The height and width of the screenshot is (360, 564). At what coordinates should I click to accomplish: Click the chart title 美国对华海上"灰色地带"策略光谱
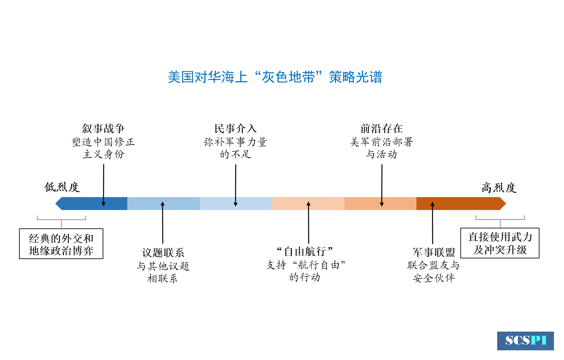point(275,77)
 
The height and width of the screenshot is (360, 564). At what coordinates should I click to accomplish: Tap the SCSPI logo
point(525,341)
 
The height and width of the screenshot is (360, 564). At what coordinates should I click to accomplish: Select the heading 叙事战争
point(103,128)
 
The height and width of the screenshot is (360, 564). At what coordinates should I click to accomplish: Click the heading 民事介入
point(236,128)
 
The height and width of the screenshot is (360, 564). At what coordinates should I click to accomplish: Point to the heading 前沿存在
point(382,128)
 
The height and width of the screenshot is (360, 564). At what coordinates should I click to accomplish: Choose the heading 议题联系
point(163,253)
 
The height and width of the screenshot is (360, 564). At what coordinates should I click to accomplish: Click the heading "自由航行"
point(305,251)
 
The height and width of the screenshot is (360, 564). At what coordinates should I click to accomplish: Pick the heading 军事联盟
point(434,252)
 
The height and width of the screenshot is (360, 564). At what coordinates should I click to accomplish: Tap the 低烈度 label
point(62,187)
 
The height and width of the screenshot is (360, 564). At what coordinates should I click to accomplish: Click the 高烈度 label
point(499,188)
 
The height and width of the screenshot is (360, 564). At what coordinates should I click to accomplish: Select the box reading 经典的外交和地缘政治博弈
point(61,244)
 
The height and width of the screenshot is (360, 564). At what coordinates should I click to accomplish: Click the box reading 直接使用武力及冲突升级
point(500,243)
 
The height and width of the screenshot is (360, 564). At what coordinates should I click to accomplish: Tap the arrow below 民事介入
point(236,185)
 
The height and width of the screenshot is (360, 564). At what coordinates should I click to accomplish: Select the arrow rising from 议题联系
point(163,223)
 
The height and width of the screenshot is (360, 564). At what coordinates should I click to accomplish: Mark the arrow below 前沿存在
point(382,185)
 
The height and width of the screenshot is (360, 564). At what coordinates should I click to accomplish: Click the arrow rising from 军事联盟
point(433,223)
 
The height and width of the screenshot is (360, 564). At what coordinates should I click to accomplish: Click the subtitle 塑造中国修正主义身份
point(103,148)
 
